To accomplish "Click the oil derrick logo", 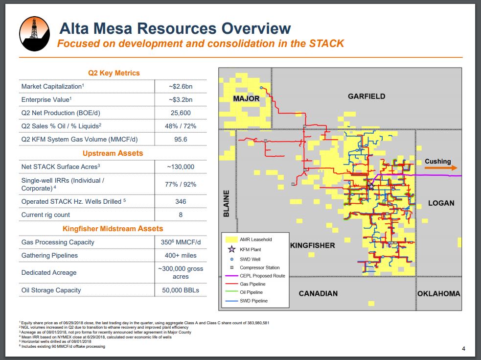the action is coord(34,33).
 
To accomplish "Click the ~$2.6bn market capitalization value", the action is coord(181,87).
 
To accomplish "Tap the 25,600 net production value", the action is coord(181,113).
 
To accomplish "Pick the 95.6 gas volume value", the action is coord(181,139).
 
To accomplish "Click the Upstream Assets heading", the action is coord(113,153).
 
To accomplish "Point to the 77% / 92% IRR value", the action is coord(181,184).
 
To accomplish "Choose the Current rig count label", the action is coord(46,215).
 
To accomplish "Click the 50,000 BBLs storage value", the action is coord(181,290).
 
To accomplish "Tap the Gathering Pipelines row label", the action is coord(49,256).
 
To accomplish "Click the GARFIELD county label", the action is coord(366,96).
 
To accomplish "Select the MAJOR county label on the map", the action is coord(246,98).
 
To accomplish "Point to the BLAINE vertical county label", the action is coord(227,203).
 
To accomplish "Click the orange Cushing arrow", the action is coord(441,168).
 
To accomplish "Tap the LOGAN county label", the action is coord(441,203).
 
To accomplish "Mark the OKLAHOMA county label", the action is coord(438,294).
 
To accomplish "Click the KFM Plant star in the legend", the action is coord(231,249).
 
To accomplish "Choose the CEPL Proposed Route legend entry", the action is coord(255,276).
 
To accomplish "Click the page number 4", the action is coord(463,349).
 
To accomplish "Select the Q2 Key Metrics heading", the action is coord(114,73).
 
